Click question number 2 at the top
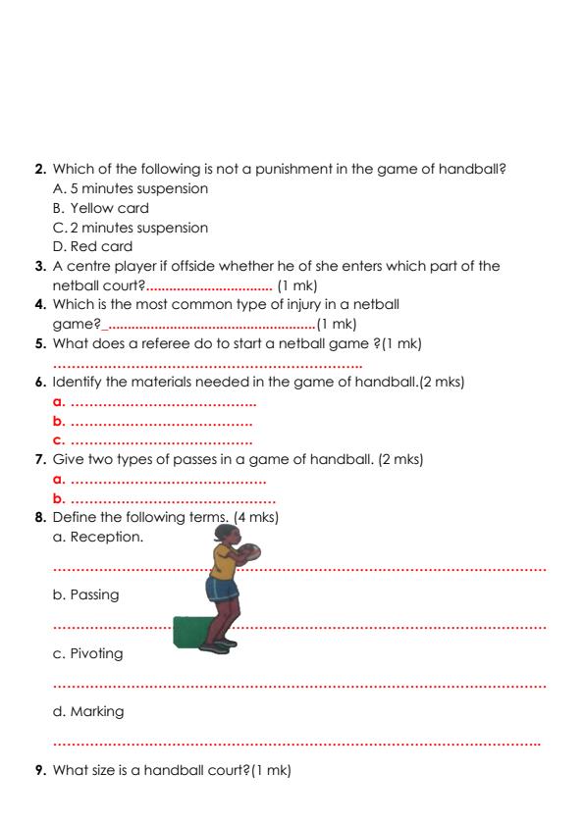tap(40, 170)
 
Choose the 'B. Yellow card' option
tap(102, 208)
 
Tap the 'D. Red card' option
tap(97, 247)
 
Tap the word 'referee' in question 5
tap(155, 343)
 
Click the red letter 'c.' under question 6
tap(58, 439)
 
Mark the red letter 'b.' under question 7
tap(58, 497)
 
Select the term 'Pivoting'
tap(96, 653)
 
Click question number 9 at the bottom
tap(40, 770)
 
